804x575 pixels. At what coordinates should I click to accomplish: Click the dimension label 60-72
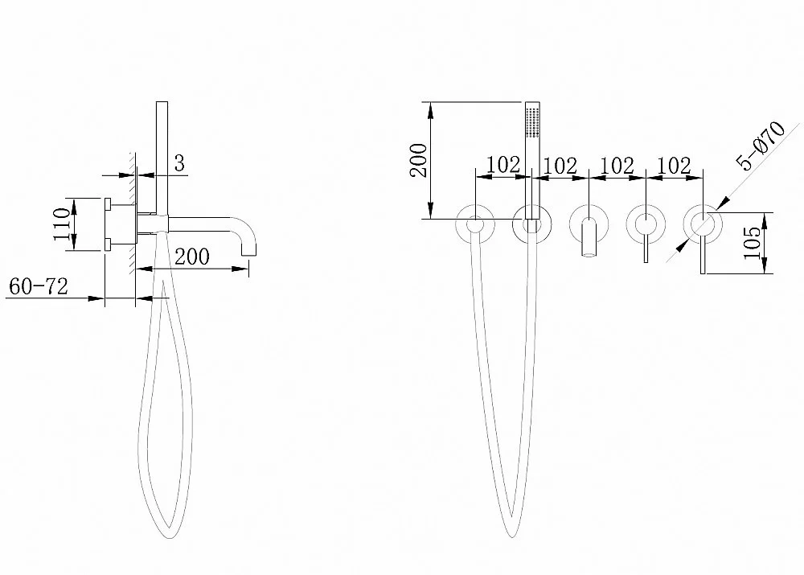point(39,286)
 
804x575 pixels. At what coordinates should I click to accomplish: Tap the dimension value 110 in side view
point(62,224)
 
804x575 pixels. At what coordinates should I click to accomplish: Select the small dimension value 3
point(179,163)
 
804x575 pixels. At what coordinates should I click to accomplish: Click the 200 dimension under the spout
point(192,257)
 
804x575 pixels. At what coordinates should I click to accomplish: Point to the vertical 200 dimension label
point(418,161)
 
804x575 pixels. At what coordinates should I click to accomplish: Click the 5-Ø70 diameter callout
point(761,146)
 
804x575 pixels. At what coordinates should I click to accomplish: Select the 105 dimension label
point(753,243)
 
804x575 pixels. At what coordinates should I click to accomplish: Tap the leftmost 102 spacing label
point(503,165)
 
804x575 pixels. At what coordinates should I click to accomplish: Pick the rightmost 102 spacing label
point(674,165)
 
